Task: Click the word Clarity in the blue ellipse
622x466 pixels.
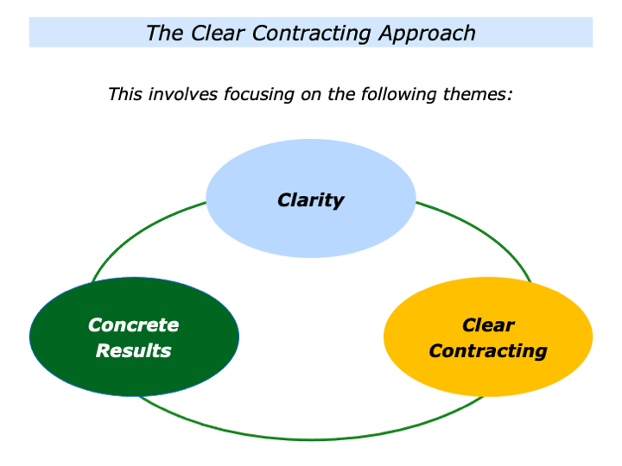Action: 310,200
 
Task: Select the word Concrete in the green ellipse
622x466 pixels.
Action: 133,325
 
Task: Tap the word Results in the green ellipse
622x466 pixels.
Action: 133,351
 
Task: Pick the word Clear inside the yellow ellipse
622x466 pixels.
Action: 488,325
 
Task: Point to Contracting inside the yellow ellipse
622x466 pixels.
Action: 488,351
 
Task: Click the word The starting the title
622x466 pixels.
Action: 162,34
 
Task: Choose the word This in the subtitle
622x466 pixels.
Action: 125,94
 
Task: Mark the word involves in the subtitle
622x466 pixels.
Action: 182,94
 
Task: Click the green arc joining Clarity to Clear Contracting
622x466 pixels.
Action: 484,234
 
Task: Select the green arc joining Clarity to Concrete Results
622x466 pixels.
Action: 138,234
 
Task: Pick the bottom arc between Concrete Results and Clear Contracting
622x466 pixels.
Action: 311,439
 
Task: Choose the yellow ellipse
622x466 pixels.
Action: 488,380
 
